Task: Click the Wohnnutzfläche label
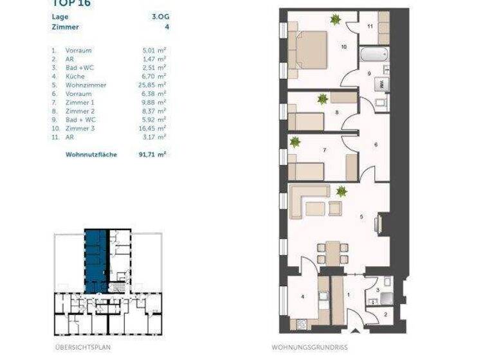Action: (x=91, y=155)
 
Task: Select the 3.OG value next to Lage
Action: (x=160, y=17)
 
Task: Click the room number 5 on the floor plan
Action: (x=361, y=217)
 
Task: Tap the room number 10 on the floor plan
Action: (x=343, y=47)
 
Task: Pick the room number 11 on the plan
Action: (x=370, y=26)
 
